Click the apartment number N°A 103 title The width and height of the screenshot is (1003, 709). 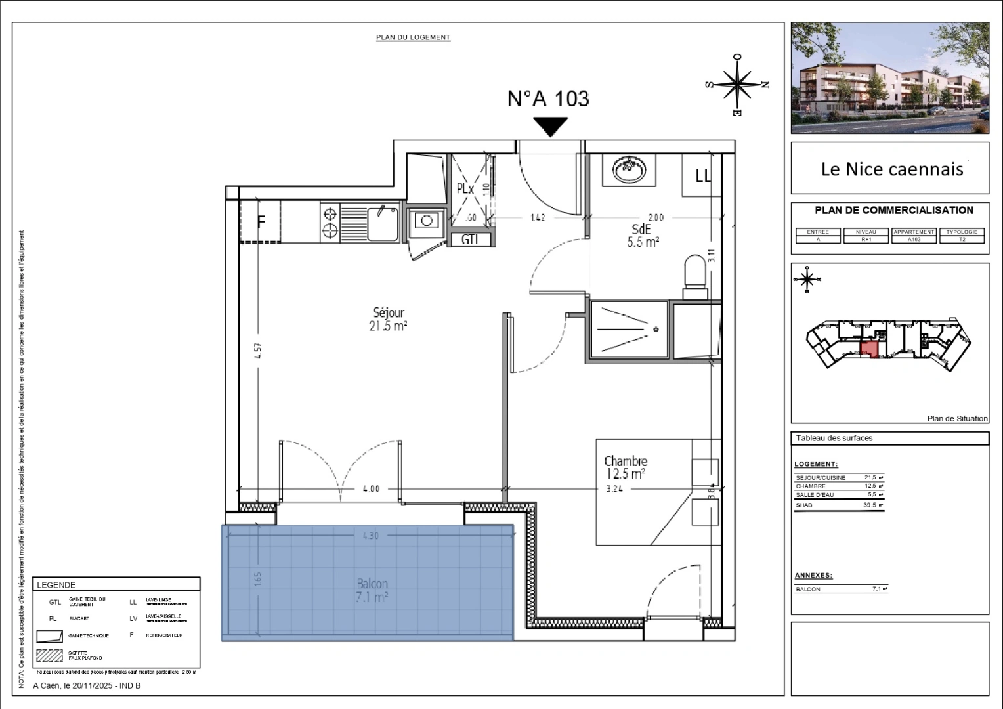click(x=548, y=98)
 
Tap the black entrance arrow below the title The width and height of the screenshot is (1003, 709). click(x=550, y=126)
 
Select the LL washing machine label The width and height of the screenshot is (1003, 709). click(x=702, y=176)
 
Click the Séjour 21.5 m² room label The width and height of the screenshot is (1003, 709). click(x=389, y=319)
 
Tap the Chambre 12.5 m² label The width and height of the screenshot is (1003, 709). click(x=625, y=467)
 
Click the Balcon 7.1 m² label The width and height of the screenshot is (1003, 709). click(x=372, y=590)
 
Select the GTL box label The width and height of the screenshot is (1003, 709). click(x=471, y=240)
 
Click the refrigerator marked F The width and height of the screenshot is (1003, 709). click(x=260, y=222)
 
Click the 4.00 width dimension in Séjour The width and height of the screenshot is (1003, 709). click(x=371, y=488)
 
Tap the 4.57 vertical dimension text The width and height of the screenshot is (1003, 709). click(x=258, y=351)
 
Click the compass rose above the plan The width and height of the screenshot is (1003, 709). click(x=738, y=84)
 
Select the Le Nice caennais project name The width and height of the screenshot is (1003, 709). click(x=891, y=169)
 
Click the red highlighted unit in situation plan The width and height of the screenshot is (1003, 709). click(x=869, y=349)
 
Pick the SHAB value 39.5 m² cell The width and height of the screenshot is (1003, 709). click(x=872, y=505)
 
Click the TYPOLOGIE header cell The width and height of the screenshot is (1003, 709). click(x=962, y=232)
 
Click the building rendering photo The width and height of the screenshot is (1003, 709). click(x=889, y=77)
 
